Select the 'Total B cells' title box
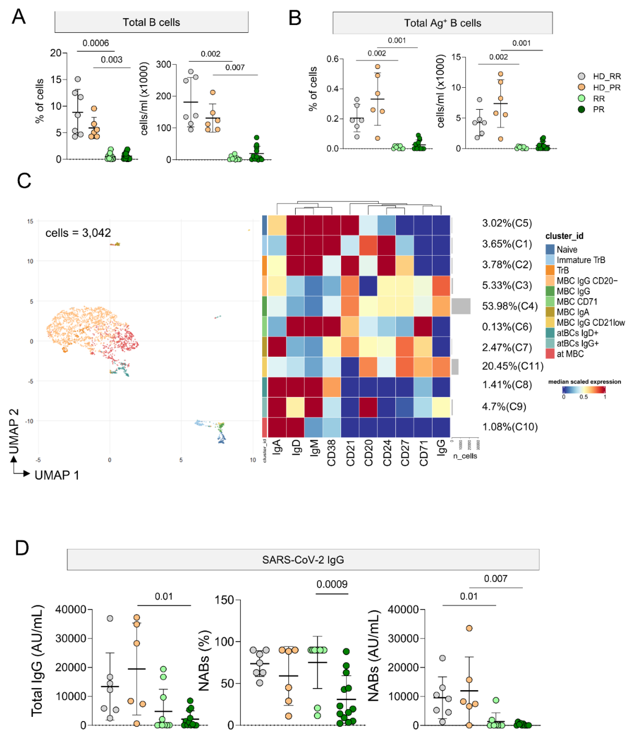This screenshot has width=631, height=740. [x=151, y=22]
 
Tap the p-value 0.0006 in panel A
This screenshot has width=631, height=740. [x=96, y=43]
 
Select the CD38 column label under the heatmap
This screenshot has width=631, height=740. [x=331, y=453]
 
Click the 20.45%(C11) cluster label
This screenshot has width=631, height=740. [x=512, y=366]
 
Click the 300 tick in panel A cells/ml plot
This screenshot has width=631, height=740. [x=164, y=65]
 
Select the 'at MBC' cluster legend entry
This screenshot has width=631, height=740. [x=570, y=354]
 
